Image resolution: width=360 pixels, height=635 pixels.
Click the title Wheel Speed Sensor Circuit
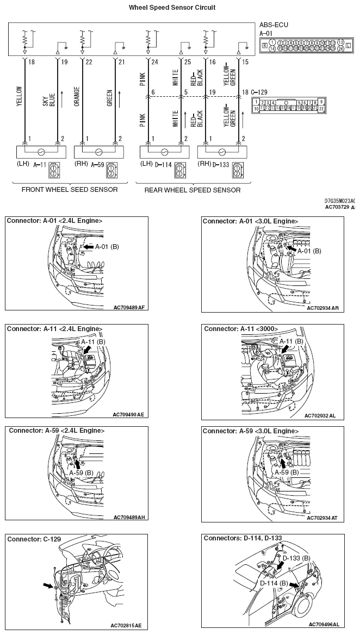(171, 8)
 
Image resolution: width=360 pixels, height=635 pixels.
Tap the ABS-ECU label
(274, 25)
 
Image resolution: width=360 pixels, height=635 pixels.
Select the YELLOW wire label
(20, 98)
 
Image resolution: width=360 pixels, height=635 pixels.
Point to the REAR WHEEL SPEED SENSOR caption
(192, 190)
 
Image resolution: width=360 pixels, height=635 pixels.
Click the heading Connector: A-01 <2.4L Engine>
(54, 221)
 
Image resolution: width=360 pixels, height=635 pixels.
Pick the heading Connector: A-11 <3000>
(241, 329)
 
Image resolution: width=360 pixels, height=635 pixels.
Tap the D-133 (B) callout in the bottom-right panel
(296, 558)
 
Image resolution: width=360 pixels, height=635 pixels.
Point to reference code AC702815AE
(126, 626)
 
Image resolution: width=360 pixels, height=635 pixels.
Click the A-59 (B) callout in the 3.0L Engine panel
(286, 472)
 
